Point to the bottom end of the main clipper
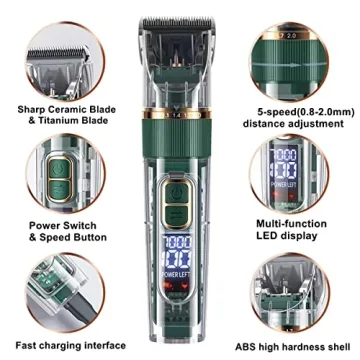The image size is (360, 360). click(x=180, y=346)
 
